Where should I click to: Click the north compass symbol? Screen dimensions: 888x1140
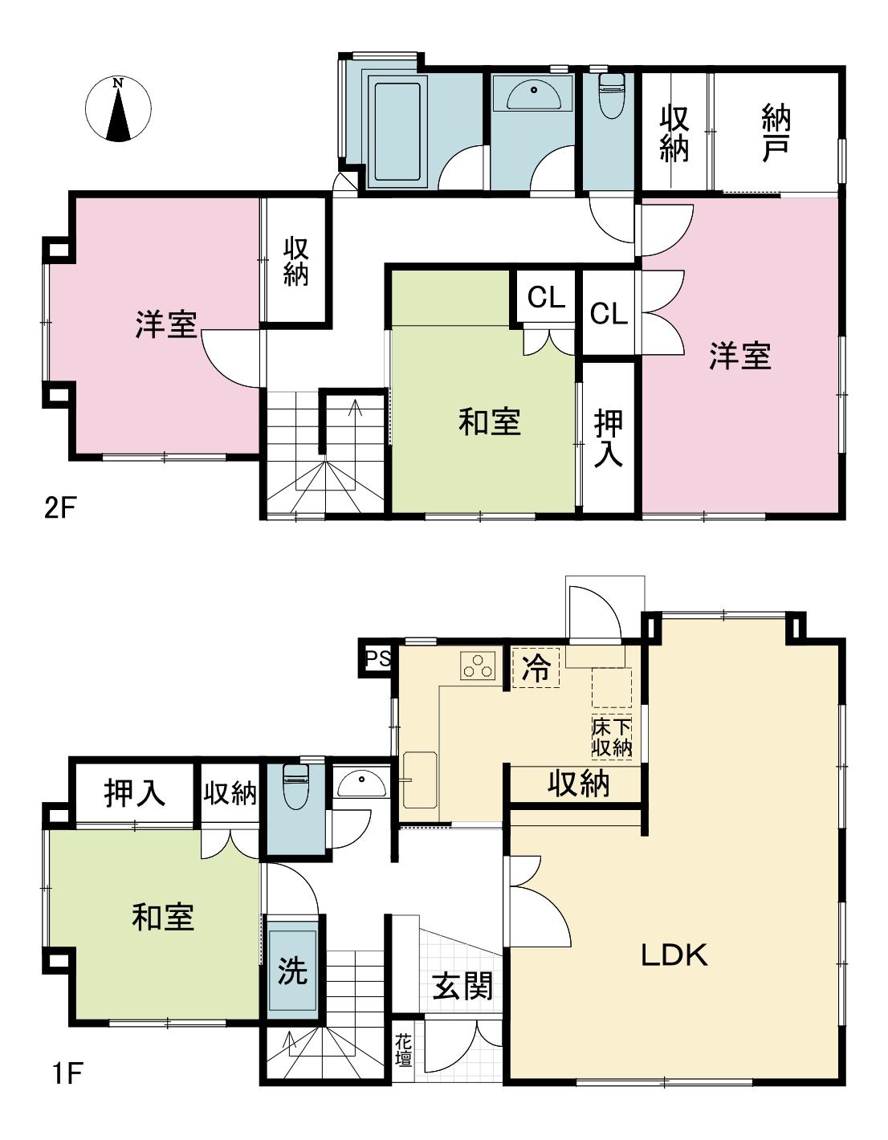(x=118, y=110)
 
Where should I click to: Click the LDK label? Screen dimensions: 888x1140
(x=674, y=955)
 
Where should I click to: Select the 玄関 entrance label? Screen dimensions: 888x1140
(x=462, y=986)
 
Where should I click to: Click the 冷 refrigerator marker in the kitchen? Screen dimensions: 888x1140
(x=536, y=667)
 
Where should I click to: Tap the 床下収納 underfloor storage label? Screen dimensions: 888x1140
(x=612, y=738)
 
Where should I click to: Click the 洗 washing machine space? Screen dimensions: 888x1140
(x=292, y=970)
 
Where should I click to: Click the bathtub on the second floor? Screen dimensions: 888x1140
(x=397, y=132)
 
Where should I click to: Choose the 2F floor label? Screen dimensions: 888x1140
(x=61, y=508)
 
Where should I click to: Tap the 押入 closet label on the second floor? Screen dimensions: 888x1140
(x=609, y=438)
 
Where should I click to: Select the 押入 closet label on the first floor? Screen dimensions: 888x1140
(x=135, y=792)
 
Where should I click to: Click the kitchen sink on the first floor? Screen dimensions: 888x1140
(x=420, y=780)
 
